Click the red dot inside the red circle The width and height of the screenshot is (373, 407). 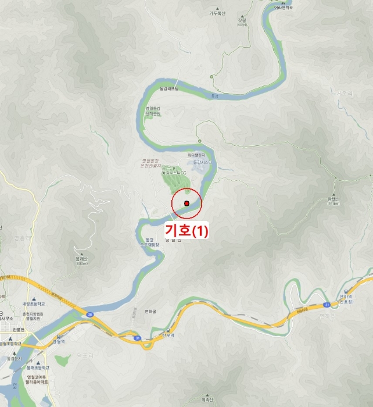(x=186, y=202)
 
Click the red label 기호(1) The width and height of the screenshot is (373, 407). (x=186, y=231)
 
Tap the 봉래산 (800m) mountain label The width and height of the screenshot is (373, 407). (x=81, y=260)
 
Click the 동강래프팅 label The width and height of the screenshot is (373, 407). (x=170, y=88)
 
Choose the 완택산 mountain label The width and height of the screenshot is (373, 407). (x=333, y=201)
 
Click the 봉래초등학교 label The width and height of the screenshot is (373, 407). (x=37, y=368)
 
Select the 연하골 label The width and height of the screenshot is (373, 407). (x=151, y=311)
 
